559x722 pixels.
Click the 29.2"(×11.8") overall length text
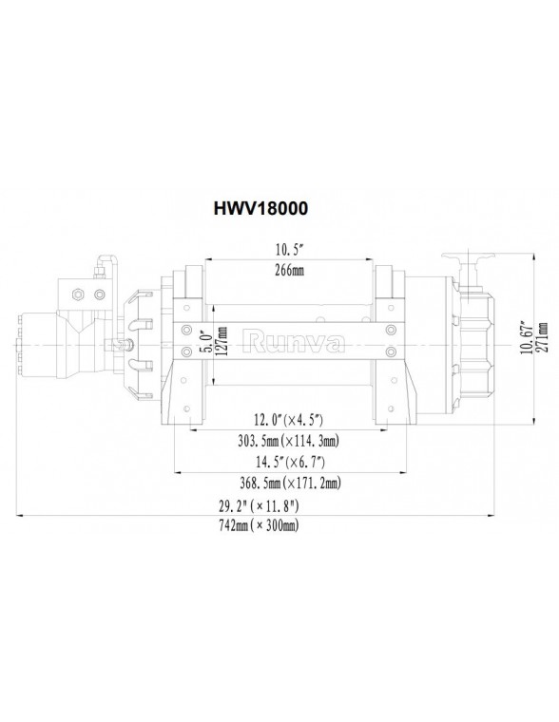tap(257, 505)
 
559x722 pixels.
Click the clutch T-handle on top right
tap(469, 258)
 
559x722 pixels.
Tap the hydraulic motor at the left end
tap(43, 338)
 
